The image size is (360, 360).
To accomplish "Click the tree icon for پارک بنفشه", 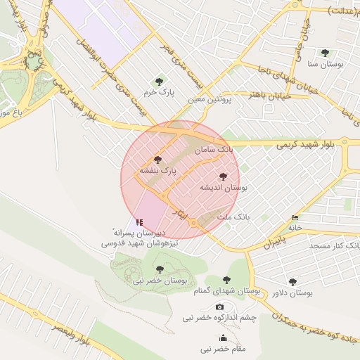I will coord(157,160).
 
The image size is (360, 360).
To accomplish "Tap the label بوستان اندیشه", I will coord(223,188).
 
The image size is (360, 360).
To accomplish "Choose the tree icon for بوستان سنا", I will coord(324,53).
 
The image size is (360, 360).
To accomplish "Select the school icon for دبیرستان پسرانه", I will coord(139,221).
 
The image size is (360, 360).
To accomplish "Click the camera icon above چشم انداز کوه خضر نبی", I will coord(219,307).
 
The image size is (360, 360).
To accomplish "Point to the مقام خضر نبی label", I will coord(223,349).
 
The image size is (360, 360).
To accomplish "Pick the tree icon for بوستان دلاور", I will coord(292,281).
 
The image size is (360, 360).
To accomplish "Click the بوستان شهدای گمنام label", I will coord(226,290).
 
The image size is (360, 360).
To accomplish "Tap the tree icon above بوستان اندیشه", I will coord(223,176).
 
